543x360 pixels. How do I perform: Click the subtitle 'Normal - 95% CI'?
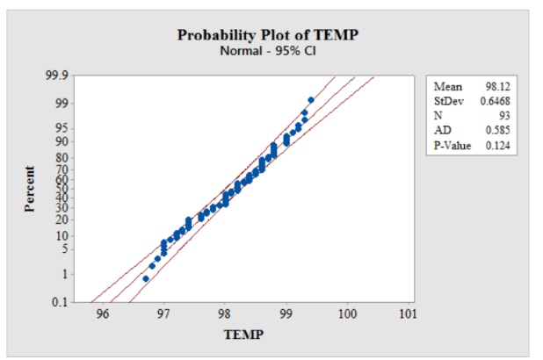(x=268, y=50)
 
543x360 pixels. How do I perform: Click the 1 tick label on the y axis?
(x=63, y=273)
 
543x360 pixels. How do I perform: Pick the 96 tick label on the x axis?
(x=103, y=314)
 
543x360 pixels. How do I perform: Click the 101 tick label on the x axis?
(x=407, y=314)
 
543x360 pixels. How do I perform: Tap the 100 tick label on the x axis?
(x=346, y=314)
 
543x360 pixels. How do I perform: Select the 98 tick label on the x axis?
(x=224, y=314)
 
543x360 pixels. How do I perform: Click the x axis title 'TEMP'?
(x=244, y=335)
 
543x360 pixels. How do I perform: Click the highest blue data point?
(x=311, y=100)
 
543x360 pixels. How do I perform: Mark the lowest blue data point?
(x=146, y=278)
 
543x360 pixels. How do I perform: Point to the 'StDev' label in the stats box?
(x=447, y=101)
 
